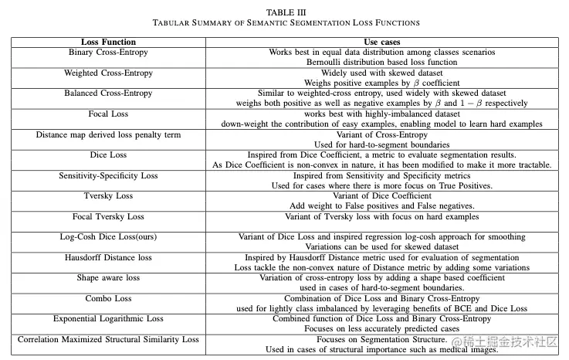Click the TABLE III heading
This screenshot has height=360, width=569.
pos(285,12)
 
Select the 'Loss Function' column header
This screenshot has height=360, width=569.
pos(108,42)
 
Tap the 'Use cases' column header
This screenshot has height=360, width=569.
pos(381,42)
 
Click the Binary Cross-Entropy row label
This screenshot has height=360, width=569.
pos(108,53)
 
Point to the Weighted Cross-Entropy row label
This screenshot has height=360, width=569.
pos(108,73)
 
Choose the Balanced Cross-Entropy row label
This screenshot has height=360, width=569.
pos(108,93)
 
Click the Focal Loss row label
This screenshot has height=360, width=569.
pos(108,114)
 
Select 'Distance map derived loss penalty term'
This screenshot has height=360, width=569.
pos(108,134)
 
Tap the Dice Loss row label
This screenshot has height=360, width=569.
pos(108,155)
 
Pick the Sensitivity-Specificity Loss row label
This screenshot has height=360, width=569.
pos(108,175)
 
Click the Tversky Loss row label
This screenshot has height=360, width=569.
pos(108,196)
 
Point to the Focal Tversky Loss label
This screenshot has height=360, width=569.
pos(108,216)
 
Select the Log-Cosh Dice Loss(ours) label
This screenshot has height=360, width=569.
pos(108,236)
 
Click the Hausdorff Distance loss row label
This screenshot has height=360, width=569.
pos(108,257)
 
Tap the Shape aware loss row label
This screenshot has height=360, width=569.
pos(108,277)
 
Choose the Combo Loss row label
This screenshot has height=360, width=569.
pos(108,298)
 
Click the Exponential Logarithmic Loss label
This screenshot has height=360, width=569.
pos(108,318)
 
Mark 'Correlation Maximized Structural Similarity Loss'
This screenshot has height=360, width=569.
pos(108,339)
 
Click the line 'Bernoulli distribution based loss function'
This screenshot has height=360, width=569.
pos(381,63)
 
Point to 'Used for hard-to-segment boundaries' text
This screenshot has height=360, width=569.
pos(381,144)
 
